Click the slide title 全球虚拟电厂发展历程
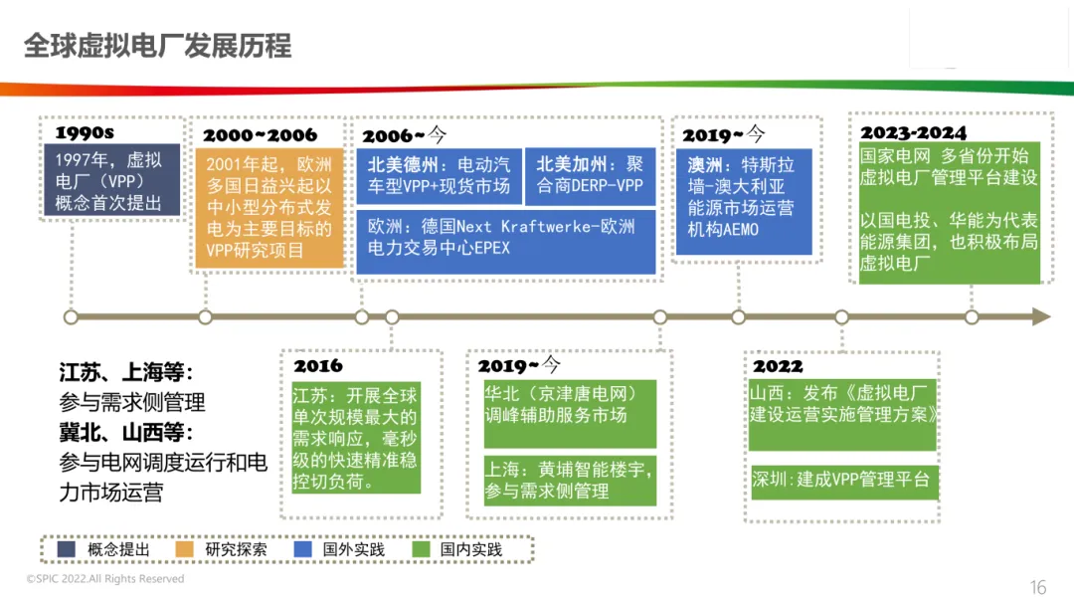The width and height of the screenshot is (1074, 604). click(157, 46)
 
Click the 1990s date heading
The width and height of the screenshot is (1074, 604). click(85, 133)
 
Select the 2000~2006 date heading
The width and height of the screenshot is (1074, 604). click(261, 135)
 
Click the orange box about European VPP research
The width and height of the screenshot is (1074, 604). click(268, 208)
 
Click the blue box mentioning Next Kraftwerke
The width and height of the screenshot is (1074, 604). click(506, 240)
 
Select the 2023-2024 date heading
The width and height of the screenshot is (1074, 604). click(913, 133)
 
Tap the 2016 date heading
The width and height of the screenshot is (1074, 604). click(317, 366)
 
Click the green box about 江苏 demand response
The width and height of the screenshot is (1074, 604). click(356, 437)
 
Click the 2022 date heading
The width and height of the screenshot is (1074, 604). click(778, 366)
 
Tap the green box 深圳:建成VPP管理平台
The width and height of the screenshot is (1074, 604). click(842, 481)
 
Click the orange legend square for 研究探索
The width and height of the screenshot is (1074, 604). click(185, 549)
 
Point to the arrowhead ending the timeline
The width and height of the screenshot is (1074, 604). click(1040, 316)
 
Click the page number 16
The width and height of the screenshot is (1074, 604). click(1038, 587)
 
